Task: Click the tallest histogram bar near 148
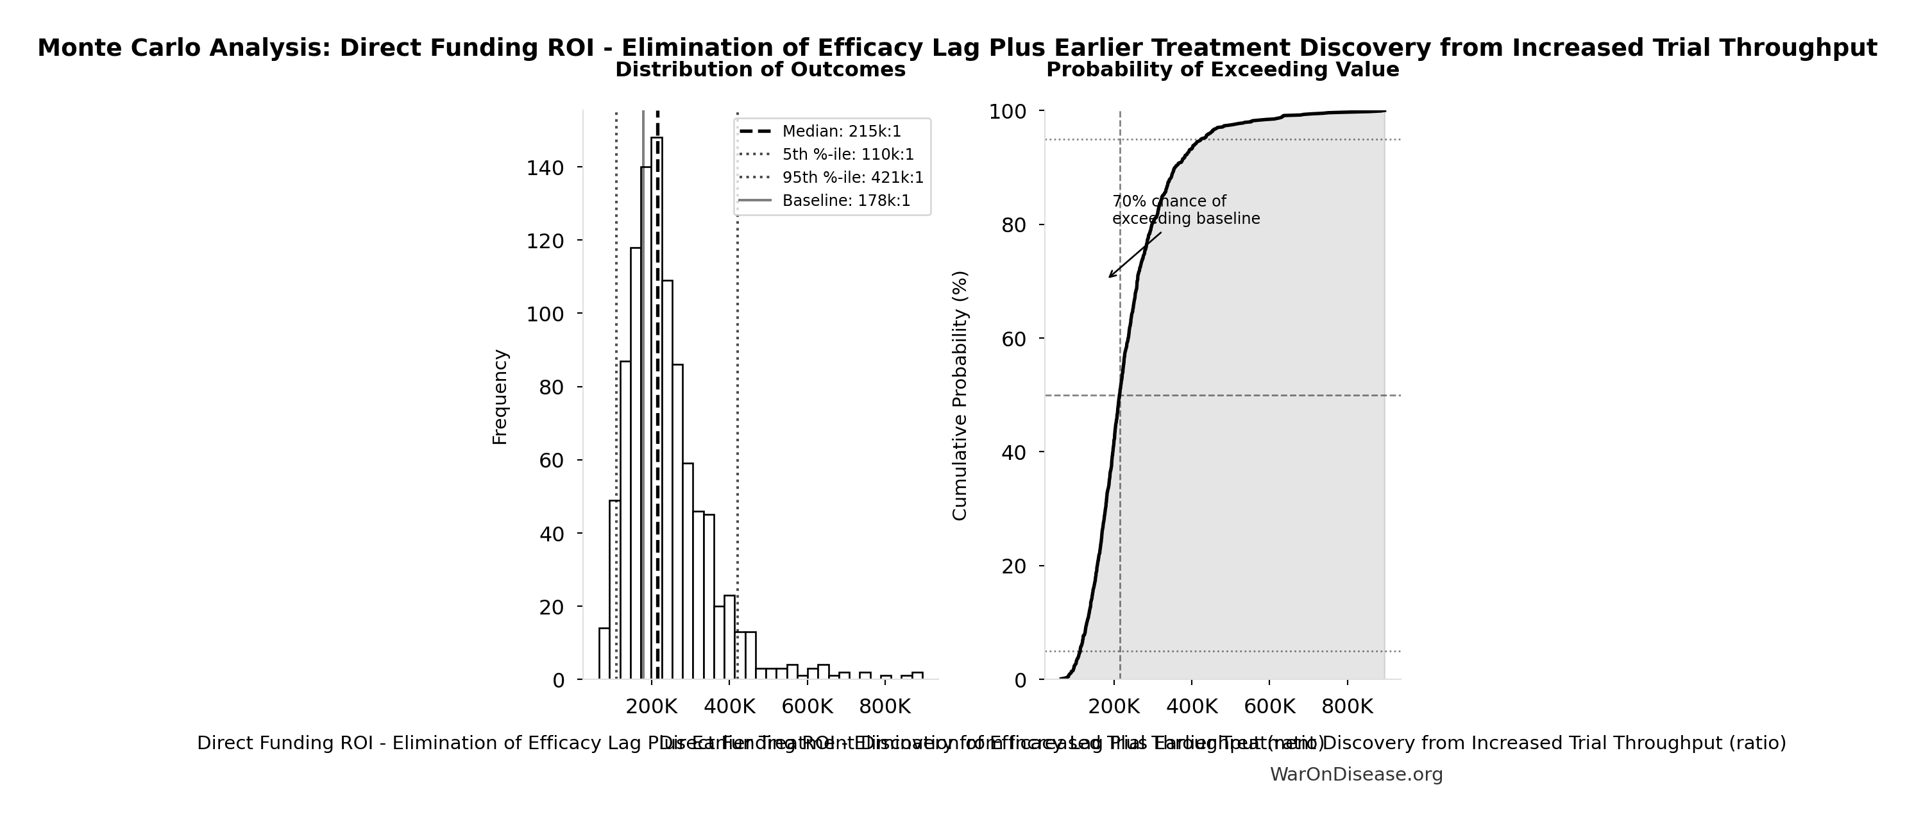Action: point(657,409)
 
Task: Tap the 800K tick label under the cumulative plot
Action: point(1347,707)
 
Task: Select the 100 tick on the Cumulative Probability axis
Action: point(1008,112)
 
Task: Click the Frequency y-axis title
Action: point(500,397)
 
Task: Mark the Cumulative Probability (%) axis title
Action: point(960,395)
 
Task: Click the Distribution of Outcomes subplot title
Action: point(760,70)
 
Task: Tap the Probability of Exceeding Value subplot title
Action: point(1223,70)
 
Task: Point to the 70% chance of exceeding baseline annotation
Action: point(1185,210)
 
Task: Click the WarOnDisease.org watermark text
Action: point(1356,775)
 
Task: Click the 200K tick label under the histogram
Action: point(651,707)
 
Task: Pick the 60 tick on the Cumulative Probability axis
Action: point(1013,339)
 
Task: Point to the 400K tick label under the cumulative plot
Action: point(1192,707)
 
